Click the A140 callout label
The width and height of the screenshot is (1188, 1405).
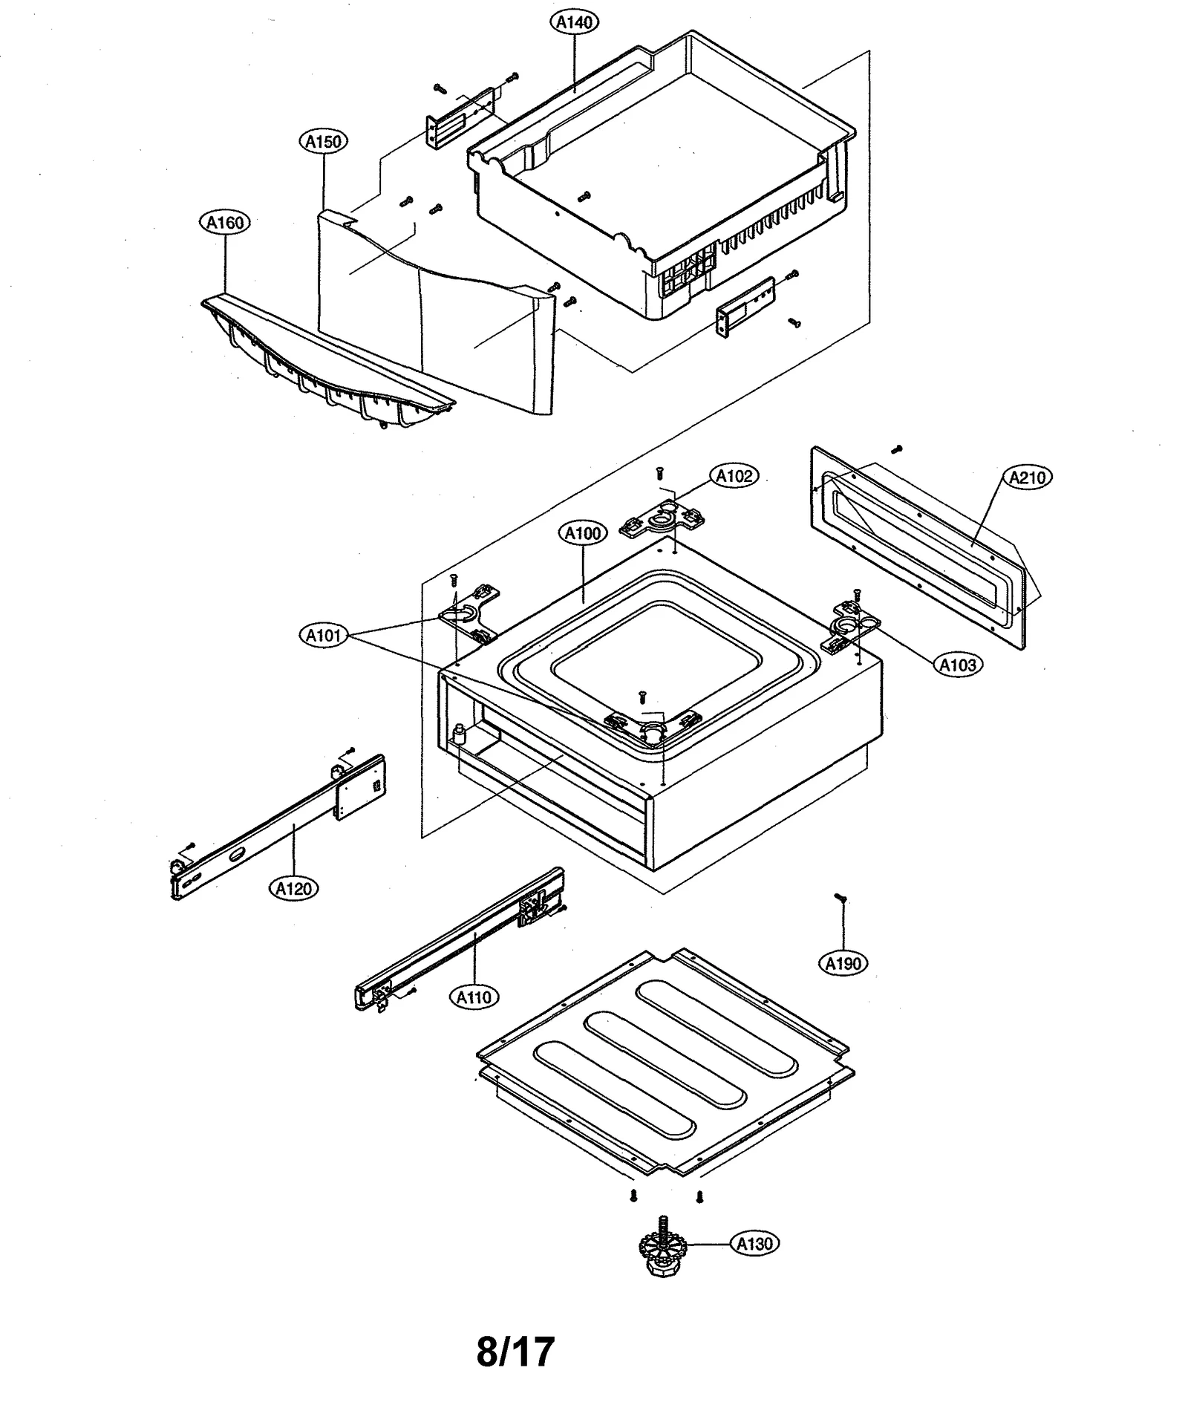pyautogui.click(x=575, y=22)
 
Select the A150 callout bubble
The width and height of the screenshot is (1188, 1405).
pyautogui.click(x=324, y=141)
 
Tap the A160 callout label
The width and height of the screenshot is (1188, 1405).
pyautogui.click(x=225, y=222)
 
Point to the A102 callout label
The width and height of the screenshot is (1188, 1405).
pyautogui.click(x=734, y=476)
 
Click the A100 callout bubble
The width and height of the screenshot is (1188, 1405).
pyautogui.click(x=582, y=533)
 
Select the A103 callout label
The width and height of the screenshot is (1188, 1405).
pyautogui.click(x=958, y=665)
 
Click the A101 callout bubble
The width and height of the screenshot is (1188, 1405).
pyautogui.click(x=324, y=635)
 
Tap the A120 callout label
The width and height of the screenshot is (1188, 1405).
pyautogui.click(x=294, y=887)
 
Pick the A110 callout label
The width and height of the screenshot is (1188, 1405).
pyautogui.click(x=474, y=997)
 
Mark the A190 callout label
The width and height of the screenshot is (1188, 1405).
pyautogui.click(x=843, y=964)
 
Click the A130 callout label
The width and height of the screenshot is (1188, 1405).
pyautogui.click(x=754, y=1243)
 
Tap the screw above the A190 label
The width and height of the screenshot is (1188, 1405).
pyautogui.click(x=840, y=898)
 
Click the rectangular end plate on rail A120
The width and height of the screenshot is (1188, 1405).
pyautogui.click(x=359, y=788)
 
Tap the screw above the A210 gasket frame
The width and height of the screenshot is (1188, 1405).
pyautogui.click(x=896, y=449)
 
